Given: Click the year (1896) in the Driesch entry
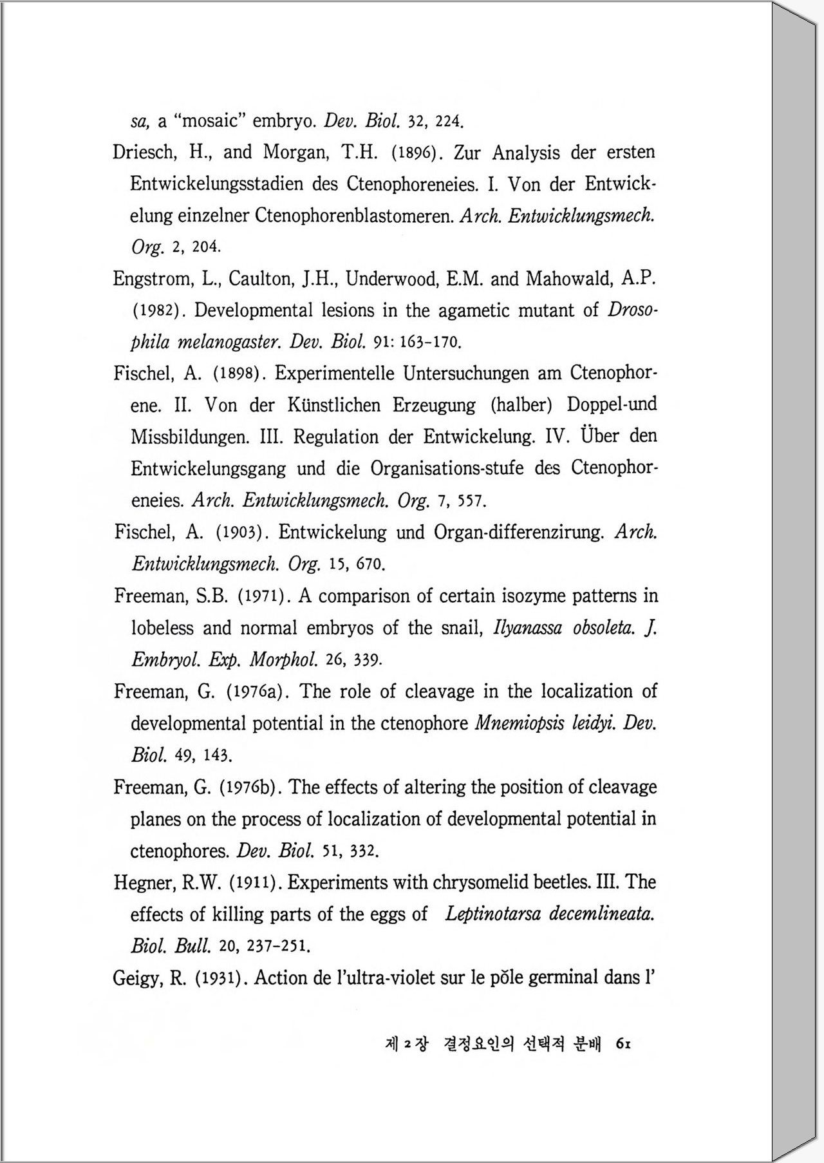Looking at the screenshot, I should pos(415,153).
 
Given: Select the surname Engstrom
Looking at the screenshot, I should pos(152,279).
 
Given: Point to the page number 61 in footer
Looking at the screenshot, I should pos(623,1044).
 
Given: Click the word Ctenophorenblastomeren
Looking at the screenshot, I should pos(354,216).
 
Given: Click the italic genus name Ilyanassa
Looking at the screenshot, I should pos(527,628).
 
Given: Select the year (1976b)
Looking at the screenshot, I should pos(252,788).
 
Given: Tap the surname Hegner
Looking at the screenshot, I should pos(145,883).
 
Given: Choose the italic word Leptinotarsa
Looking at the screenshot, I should pos(492,914).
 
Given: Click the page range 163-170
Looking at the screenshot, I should pos(430,342).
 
